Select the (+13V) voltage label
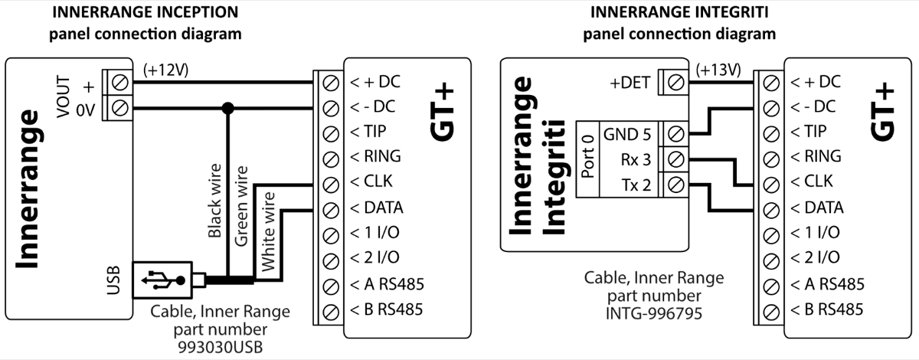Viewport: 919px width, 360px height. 718,70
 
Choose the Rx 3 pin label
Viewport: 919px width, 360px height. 635,159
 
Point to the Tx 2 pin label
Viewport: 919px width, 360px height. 635,184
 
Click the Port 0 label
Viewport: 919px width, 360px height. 589,159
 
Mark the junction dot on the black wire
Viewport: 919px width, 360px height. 227,108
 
